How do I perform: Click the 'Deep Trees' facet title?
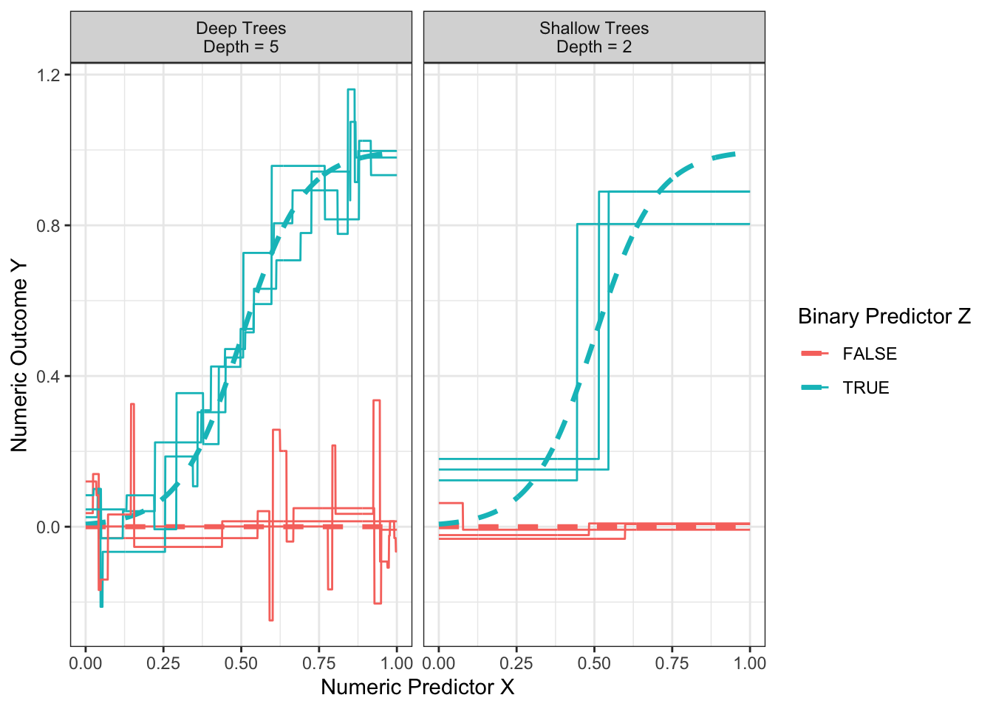241,28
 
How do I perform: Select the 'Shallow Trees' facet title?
594,28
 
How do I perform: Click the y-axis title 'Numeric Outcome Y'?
19,354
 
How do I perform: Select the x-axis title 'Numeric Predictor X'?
417,687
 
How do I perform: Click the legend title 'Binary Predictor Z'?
884,316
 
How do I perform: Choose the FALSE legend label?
870,354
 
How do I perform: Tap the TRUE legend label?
866,388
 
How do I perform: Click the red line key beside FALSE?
815,354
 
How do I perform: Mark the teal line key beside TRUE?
815,388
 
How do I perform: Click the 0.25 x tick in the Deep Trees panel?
163,662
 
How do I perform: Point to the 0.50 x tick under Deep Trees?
242,662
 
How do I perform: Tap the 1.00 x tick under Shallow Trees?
750,662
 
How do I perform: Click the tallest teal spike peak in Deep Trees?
351,90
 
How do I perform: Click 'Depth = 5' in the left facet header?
241,47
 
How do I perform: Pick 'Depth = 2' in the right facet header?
594,47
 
